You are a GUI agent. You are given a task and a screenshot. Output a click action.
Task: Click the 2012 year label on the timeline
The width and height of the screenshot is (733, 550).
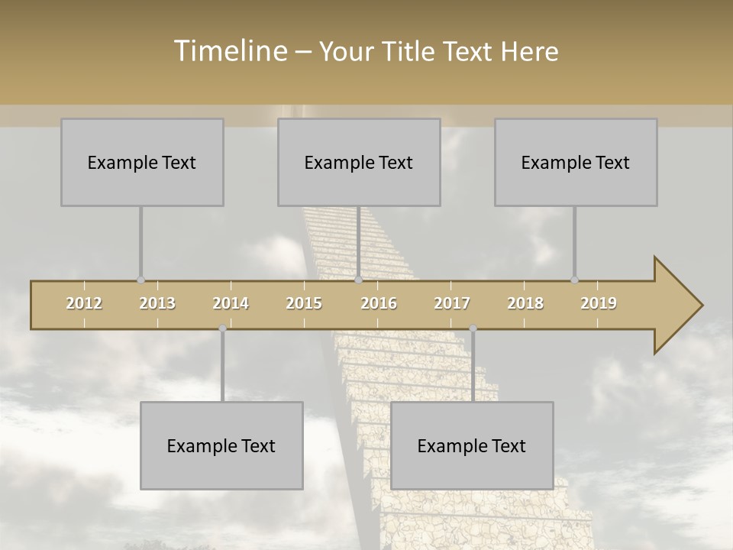(84, 303)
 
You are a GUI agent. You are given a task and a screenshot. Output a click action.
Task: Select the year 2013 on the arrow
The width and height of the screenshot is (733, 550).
(157, 303)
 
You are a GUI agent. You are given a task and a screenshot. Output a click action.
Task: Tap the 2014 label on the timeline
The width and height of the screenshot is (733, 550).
(231, 303)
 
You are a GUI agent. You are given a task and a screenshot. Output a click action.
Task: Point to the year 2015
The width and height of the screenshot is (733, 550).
(304, 303)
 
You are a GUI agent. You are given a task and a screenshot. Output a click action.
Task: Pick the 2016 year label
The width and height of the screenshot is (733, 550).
(379, 303)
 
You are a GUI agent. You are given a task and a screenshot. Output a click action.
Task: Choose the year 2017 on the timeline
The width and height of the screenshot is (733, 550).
(452, 303)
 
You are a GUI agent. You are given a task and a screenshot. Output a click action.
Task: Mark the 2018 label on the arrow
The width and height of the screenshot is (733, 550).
(525, 303)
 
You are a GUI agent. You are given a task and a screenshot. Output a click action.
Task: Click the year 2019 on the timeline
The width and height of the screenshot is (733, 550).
(599, 303)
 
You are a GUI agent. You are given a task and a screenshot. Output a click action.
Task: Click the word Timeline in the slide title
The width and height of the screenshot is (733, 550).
(229, 51)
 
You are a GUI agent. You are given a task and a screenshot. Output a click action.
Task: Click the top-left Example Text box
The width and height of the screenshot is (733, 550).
(142, 162)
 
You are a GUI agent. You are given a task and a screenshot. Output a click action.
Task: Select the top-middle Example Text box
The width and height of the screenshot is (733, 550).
(359, 162)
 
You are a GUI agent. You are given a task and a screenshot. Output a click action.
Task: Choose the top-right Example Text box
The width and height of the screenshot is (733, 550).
(576, 162)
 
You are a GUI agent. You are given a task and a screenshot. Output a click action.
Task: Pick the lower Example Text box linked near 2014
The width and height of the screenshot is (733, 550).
(221, 445)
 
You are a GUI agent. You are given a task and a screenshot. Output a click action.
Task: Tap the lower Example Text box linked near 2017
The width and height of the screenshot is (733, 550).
(472, 445)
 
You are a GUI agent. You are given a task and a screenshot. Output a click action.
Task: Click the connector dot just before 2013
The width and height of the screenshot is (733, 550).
(140, 280)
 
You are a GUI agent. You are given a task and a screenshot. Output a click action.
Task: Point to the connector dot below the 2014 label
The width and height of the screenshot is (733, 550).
(222, 328)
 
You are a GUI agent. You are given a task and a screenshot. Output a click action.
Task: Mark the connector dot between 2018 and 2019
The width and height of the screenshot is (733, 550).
(574, 280)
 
